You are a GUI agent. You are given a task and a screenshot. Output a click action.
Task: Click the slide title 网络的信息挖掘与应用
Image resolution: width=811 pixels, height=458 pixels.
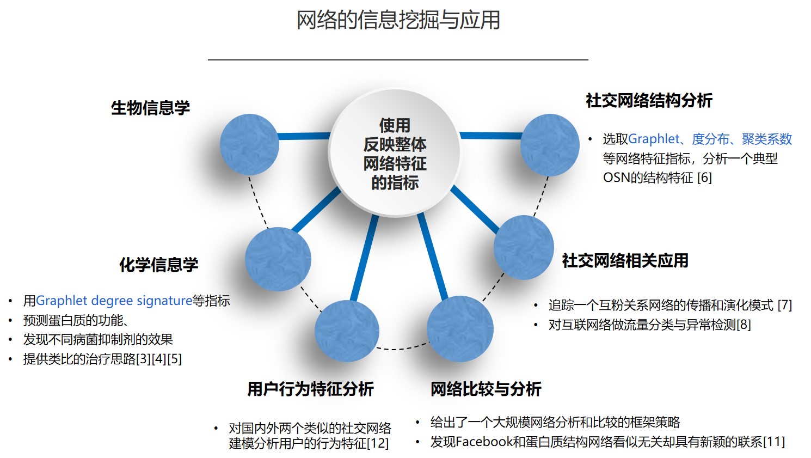398,20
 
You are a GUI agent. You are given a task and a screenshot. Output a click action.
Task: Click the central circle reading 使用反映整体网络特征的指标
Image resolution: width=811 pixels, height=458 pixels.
395,154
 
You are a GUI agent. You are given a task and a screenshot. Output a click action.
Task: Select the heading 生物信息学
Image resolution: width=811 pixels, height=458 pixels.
150,108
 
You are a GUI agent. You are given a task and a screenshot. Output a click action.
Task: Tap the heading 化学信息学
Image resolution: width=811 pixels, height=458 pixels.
158,265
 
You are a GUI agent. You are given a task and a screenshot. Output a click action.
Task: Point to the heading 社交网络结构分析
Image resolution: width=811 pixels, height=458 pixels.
649,100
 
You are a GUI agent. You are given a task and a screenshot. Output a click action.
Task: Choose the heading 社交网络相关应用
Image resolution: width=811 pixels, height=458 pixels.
625,260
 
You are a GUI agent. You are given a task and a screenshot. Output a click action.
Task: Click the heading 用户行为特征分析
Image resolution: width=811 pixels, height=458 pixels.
310,389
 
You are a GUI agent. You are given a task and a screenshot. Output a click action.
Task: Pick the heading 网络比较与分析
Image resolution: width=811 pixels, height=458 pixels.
486,389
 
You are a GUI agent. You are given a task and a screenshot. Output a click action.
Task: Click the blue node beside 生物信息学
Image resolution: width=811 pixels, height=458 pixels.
249,144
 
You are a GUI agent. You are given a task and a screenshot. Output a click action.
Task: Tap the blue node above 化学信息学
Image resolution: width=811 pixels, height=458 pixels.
278,259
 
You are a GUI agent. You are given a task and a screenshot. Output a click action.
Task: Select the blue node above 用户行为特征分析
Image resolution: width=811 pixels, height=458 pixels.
347,331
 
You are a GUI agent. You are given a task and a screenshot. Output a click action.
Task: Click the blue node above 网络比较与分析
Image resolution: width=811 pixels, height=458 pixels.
460,329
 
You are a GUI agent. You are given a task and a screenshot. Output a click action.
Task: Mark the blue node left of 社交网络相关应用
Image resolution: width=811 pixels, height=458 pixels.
524,247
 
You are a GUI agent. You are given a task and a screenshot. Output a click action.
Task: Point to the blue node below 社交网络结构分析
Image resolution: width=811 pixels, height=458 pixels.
550,144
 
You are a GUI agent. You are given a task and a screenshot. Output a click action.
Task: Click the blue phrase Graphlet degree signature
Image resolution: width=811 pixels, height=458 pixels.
114,301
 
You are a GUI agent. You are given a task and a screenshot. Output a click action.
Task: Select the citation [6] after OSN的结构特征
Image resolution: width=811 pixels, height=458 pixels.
704,178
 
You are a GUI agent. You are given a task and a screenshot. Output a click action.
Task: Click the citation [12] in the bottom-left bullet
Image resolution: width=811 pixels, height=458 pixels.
378,443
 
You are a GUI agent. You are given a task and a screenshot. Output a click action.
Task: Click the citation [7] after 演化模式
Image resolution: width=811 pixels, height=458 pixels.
784,305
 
